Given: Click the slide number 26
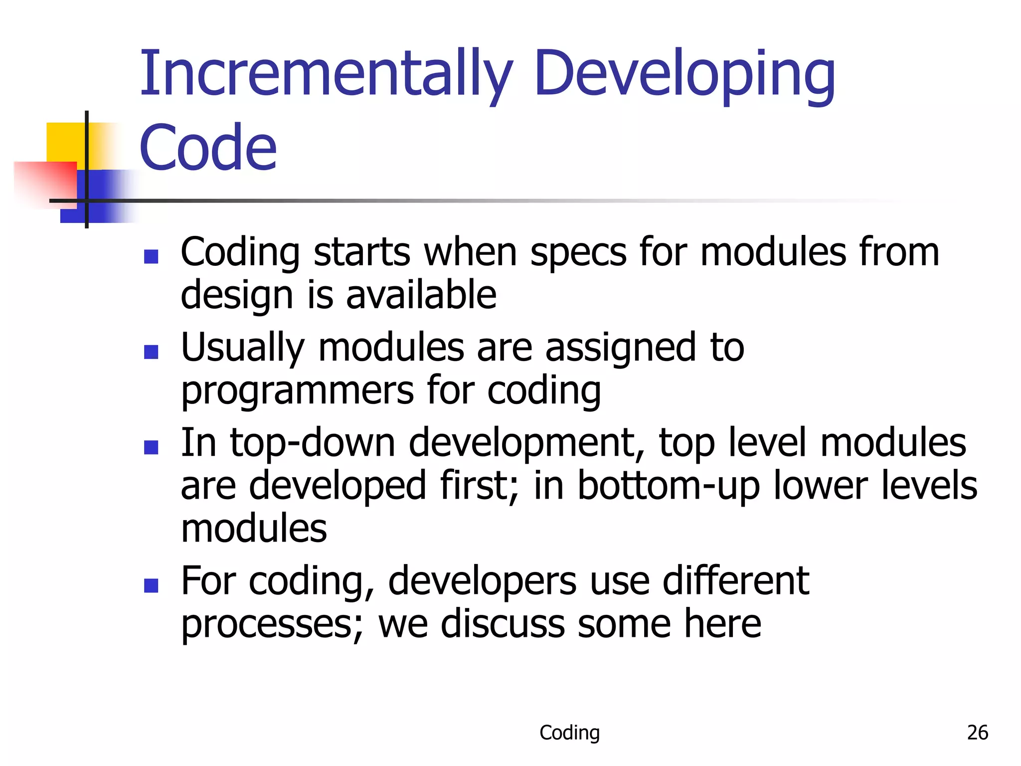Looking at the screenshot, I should point(977,733).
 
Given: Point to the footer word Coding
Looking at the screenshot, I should point(569,733).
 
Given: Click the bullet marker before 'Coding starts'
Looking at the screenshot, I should point(151,256).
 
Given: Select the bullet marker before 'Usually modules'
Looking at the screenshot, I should point(151,352).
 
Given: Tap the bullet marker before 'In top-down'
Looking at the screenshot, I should point(151,447).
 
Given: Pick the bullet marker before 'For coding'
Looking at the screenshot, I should point(151,585).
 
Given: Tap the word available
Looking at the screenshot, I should point(421,295).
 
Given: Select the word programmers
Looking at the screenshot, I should point(297,390).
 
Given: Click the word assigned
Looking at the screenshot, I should point(620,348).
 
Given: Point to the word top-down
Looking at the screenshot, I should point(313,443).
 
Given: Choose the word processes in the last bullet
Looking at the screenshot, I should point(272,624).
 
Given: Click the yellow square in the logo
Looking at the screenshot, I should point(65,142).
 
